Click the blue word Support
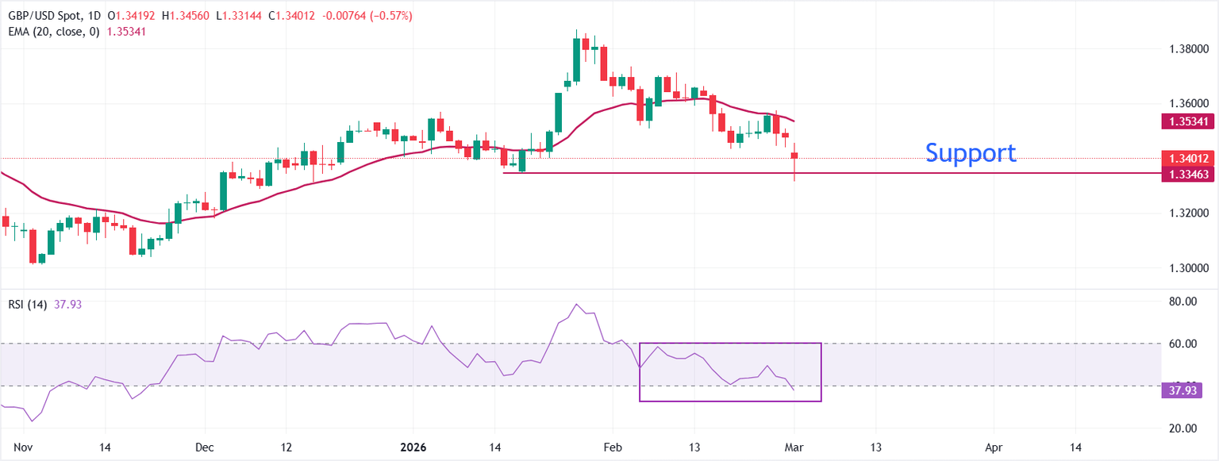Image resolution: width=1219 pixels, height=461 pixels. point(971,153)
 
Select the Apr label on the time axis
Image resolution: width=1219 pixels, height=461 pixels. point(994,448)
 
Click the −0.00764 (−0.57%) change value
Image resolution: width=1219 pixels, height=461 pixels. point(367,16)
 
